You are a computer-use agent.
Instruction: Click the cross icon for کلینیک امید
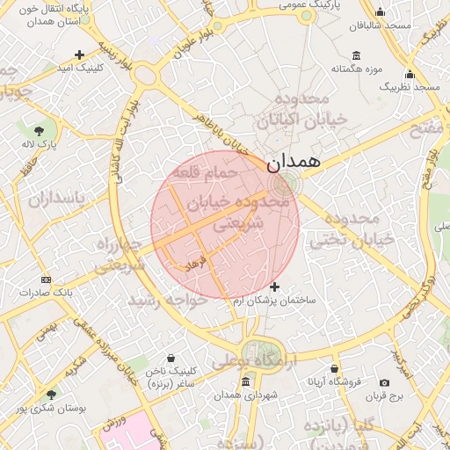(x=80, y=54)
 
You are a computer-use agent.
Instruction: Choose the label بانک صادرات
(x=47, y=292)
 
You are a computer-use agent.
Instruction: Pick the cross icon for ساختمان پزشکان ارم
(x=275, y=287)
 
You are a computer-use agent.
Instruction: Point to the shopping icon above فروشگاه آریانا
(x=334, y=369)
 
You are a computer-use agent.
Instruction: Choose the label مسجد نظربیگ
(x=410, y=88)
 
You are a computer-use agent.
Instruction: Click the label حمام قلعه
(x=207, y=172)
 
